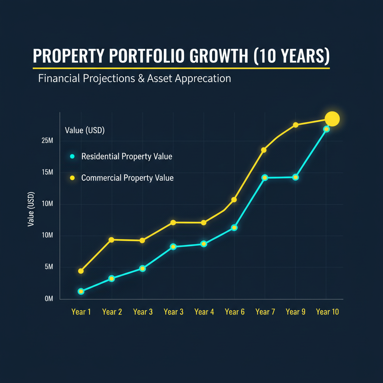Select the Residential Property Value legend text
[126, 156]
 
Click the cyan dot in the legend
[73, 156]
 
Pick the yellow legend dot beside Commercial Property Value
[73, 178]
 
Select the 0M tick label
[49, 299]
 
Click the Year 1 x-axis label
[81, 312]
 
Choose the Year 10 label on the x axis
[327, 312]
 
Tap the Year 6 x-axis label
[235, 312]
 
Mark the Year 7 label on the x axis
[265, 312]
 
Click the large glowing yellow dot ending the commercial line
[332, 119]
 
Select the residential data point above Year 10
[326, 129]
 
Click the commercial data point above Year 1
[81, 271]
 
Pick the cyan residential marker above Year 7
[265, 177]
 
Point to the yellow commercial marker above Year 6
[234, 200]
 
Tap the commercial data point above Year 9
[295, 125]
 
